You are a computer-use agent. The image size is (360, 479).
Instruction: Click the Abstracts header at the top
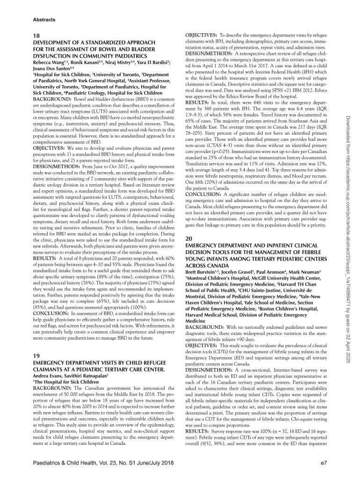click(x=44, y=20)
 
